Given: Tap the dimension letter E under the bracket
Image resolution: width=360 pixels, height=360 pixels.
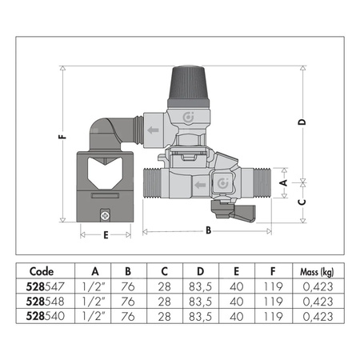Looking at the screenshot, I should point(105,235).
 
